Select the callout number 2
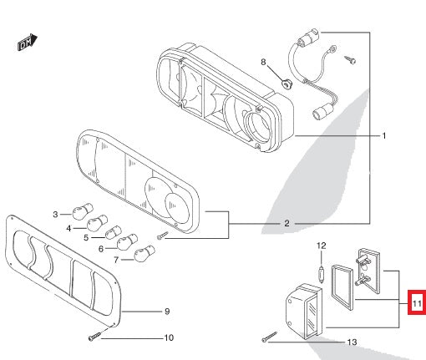pyautogui.click(x=287, y=224)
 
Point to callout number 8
pyautogui.click(x=263, y=63)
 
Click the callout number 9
pyautogui.click(x=166, y=312)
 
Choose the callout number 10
pyautogui.click(x=168, y=338)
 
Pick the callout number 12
pyautogui.click(x=320, y=246)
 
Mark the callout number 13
pyautogui.click(x=351, y=342)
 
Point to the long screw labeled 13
pyautogui.click(x=270, y=337)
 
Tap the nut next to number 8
pyautogui.click(x=286, y=81)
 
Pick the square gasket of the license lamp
pyautogui.click(x=343, y=283)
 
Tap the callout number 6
pyautogui.click(x=102, y=248)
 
